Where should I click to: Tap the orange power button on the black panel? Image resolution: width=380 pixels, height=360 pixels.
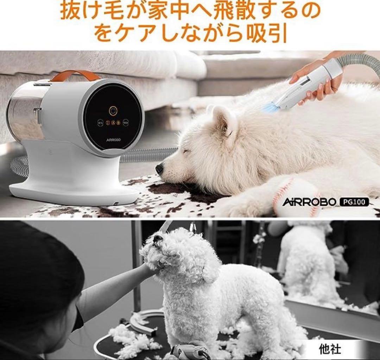113,111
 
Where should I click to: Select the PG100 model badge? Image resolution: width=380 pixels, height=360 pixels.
354,202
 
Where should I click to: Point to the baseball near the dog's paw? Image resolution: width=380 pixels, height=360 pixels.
296,197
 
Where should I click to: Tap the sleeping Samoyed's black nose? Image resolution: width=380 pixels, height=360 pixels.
159,169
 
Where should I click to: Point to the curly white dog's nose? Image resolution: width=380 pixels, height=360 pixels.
158,238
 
